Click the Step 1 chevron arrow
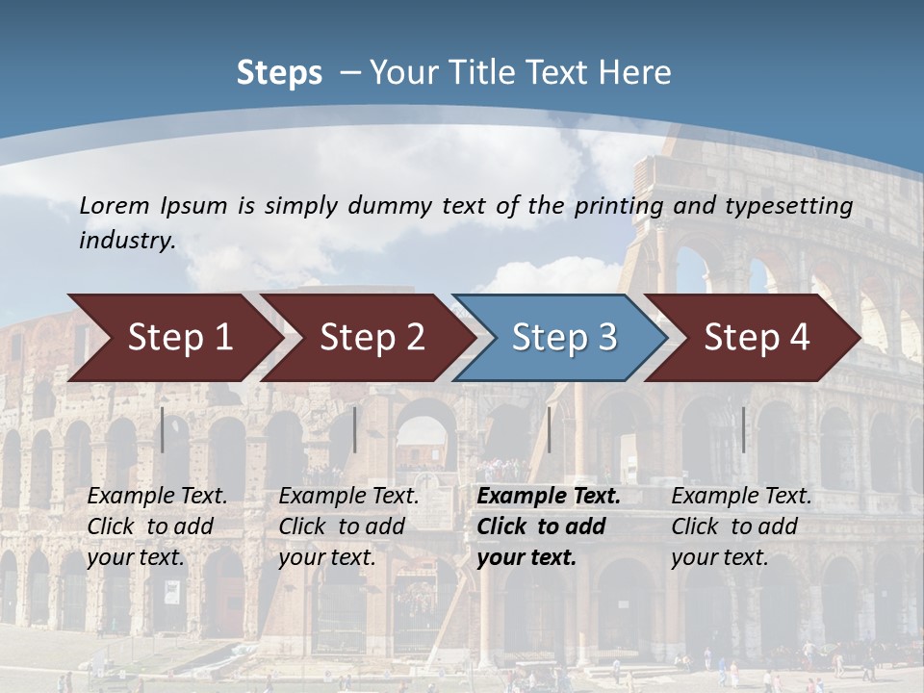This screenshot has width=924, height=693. click(178, 338)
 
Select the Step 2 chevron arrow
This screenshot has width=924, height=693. click(371, 338)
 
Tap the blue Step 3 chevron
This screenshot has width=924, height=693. click(563, 338)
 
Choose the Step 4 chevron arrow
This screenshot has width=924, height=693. click(756, 338)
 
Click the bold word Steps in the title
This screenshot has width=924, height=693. click(279, 73)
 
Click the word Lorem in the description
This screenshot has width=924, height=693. click(115, 205)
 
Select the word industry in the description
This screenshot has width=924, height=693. click(127, 241)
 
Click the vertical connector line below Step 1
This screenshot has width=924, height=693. click(163, 429)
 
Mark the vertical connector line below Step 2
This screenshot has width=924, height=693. click(355, 429)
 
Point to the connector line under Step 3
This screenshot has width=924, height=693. click(549, 429)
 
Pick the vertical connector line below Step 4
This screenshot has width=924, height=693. click(743, 429)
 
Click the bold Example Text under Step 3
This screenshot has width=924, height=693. click(549, 497)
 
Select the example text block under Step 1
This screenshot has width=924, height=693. click(157, 526)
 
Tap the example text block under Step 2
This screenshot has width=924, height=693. click(348, 526)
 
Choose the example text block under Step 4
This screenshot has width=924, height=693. click(741, 526)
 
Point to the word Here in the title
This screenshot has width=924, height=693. click(634, 73)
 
